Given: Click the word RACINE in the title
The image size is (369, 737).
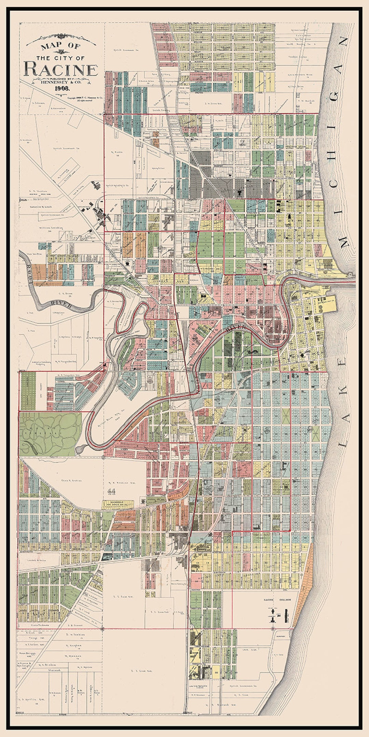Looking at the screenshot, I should click(x=61, y=70).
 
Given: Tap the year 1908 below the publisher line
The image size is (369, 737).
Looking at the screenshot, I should click(x=62, y=88).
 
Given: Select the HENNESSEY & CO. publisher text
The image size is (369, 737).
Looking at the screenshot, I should click(x=61, y=82).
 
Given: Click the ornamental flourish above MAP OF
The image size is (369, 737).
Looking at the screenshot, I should click(x=61, y=37).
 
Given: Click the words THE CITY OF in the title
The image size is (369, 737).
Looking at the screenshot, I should click(x=60, y=58).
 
